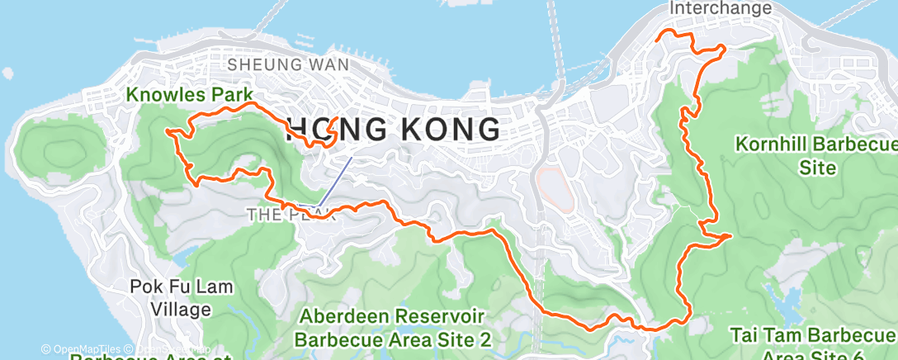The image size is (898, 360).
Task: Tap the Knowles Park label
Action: pos(189,95)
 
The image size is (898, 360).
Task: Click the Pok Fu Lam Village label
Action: pos(182,298)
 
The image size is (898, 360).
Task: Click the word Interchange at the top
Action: pos(722,8)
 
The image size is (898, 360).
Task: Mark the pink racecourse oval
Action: pos(552,187)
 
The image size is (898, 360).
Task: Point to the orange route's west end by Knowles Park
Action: pos(168,131)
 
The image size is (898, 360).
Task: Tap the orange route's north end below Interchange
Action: pos(658,38)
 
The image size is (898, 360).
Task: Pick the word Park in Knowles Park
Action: pos(232,95)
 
